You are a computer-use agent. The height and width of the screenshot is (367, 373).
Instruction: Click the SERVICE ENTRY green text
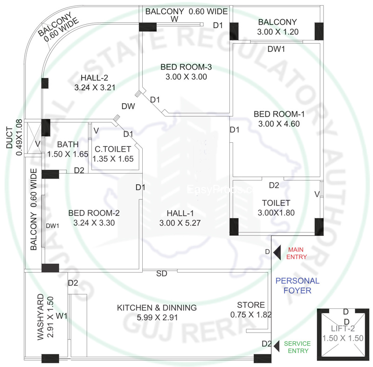298,347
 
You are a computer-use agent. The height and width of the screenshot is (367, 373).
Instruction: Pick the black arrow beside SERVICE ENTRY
277,345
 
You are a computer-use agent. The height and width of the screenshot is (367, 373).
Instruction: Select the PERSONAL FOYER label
297,286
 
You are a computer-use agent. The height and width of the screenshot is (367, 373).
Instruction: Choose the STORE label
251,305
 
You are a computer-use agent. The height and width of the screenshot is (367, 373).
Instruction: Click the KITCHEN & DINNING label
157,307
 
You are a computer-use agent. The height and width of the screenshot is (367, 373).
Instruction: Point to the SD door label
161,274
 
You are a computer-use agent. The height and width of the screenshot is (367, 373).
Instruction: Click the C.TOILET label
113,149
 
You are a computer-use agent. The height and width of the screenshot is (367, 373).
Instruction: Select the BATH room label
68,144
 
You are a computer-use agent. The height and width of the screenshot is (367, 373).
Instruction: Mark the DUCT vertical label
9,138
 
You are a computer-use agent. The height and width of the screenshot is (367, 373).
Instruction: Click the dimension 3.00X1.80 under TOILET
276,213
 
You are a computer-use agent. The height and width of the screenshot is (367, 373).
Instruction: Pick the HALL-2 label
95,77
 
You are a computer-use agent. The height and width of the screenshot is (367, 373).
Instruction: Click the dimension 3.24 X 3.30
94,223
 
